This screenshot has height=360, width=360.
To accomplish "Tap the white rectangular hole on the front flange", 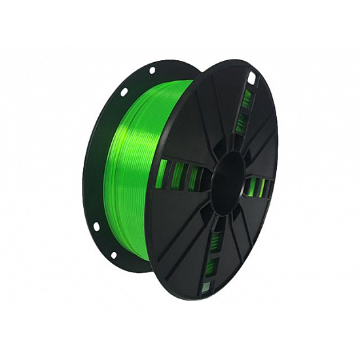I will (x=251, y=79).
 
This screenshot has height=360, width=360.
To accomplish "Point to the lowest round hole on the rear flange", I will (x=113, y=255).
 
